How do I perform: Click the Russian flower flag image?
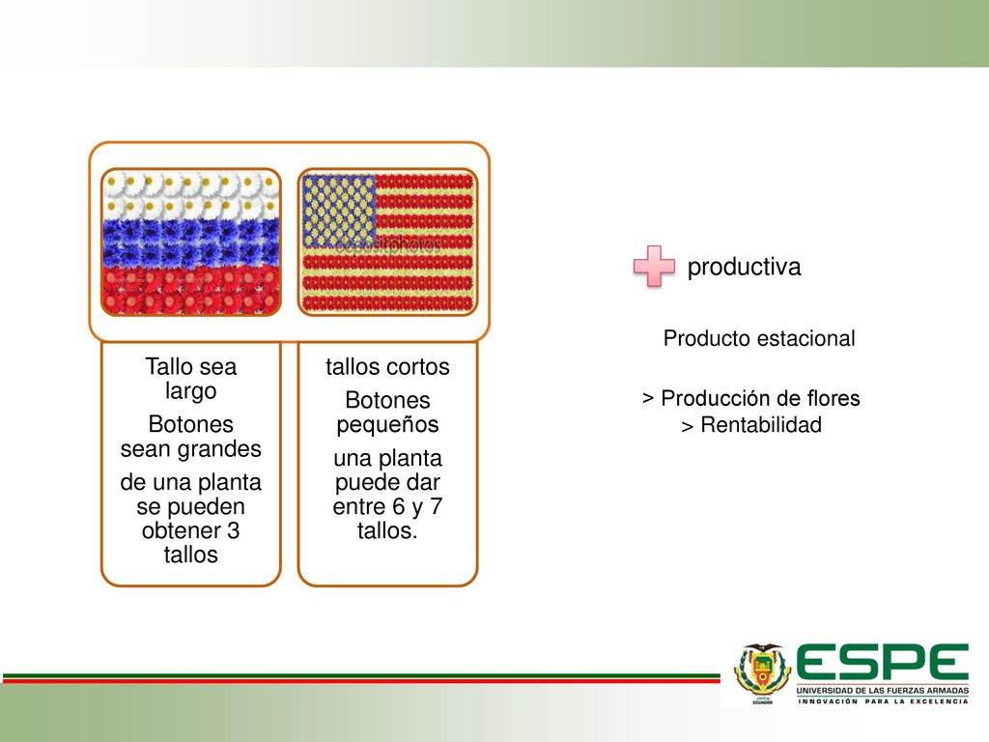[190, 243]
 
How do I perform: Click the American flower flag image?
[387, 243]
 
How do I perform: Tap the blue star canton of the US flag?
[339, 211]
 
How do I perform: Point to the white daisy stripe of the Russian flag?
[190, 194]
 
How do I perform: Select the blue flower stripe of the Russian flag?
[190, 243]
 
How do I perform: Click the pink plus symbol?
[654, 267]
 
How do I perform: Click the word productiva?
[744, 267]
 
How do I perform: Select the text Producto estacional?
[759, 338]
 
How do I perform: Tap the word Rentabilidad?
[761, 425]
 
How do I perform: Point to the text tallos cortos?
[387, 366]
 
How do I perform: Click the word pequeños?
[387, 425]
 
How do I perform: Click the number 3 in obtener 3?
[234, 530]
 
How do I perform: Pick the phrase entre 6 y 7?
[387, 506]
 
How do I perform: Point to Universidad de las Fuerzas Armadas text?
[882, 691]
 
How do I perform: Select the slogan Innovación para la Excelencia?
[883, 701]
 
